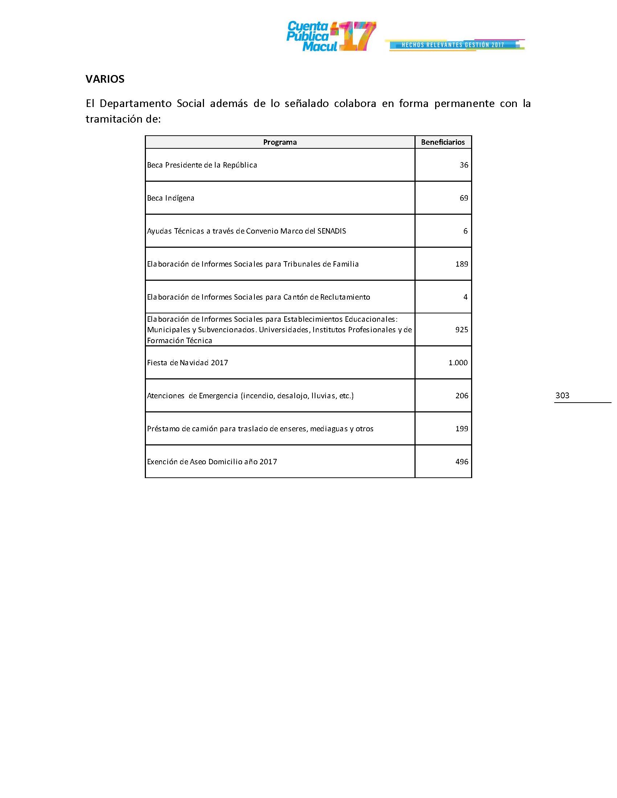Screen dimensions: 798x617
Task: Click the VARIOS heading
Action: coord(105,79)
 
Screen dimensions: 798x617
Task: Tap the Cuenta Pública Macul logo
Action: coord(331,37)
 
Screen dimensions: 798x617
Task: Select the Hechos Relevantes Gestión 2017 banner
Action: coord(454,45)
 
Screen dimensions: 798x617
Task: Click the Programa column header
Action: coord(279,142)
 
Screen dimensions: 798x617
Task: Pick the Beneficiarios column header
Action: coord(443,142)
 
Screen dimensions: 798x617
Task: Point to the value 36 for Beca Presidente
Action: coord(463,165)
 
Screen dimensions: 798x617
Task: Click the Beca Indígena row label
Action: coord(170,198)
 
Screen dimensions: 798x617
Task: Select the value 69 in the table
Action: coord(463,198)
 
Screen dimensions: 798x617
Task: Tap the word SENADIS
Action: coord(331,231)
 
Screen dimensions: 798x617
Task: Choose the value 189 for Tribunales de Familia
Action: coord(461,264)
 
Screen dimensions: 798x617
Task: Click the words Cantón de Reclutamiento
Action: coord(326,297)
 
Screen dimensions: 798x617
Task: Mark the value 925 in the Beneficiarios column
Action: coord(461,330)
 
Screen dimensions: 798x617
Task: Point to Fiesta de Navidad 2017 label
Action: coord(188,363)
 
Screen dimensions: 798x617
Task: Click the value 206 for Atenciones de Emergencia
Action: coord(461,396)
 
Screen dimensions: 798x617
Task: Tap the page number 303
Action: coord(562,395)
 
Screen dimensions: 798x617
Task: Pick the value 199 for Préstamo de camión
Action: coord(461,429)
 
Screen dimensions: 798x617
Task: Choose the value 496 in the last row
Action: coord(461,462)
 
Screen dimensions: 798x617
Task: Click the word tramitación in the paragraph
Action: coord(113,119)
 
